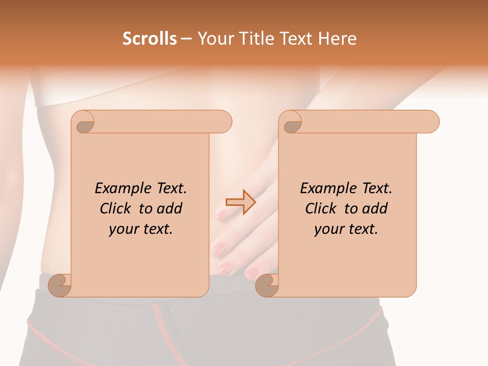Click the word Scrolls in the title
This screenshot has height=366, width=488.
(149, 39)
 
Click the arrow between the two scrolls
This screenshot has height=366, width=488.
(240, 202)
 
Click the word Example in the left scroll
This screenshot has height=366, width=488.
(120, 189)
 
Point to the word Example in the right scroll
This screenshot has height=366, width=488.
(325, 189)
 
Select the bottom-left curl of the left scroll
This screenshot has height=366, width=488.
(60, 285)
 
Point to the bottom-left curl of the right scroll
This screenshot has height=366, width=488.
(267, 285)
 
